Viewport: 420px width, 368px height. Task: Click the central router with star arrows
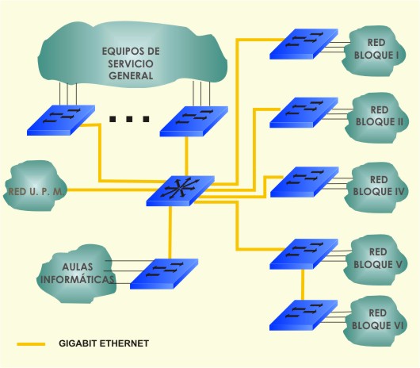[x=180, y=190]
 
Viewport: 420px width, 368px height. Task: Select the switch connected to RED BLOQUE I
[x=304, y=44]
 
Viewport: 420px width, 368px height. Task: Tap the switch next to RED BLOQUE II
[x=304, y=113]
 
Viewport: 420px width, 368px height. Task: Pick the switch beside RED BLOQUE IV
[x=304, y=182]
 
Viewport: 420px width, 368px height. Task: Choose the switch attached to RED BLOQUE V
[x=304, y=254]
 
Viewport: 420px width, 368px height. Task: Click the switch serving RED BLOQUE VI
[x=304, y=315]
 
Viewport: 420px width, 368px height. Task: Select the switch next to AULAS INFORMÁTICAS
[x=164, y=274]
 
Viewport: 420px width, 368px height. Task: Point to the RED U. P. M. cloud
[x=35, y=186]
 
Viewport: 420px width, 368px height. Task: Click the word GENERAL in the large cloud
[x=131, y=76]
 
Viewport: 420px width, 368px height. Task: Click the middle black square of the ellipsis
[x=129, y=119]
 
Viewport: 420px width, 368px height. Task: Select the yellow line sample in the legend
[x=31, y=344]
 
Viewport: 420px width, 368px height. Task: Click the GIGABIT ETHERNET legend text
[x=104, y=343]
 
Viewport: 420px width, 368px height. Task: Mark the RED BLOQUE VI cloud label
[x=377, y=319]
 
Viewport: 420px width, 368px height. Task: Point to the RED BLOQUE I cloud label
[x=376, y=49]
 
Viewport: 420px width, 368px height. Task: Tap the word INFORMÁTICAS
[x=77, y=279]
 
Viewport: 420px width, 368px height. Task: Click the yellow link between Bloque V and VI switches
[x=303, y=285]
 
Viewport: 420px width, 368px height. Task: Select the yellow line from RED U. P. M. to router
[x=110, y=190]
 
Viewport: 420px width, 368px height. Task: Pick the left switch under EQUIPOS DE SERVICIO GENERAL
[x=61, y=120]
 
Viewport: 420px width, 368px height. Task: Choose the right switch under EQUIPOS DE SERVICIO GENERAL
[x=194, y=121]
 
